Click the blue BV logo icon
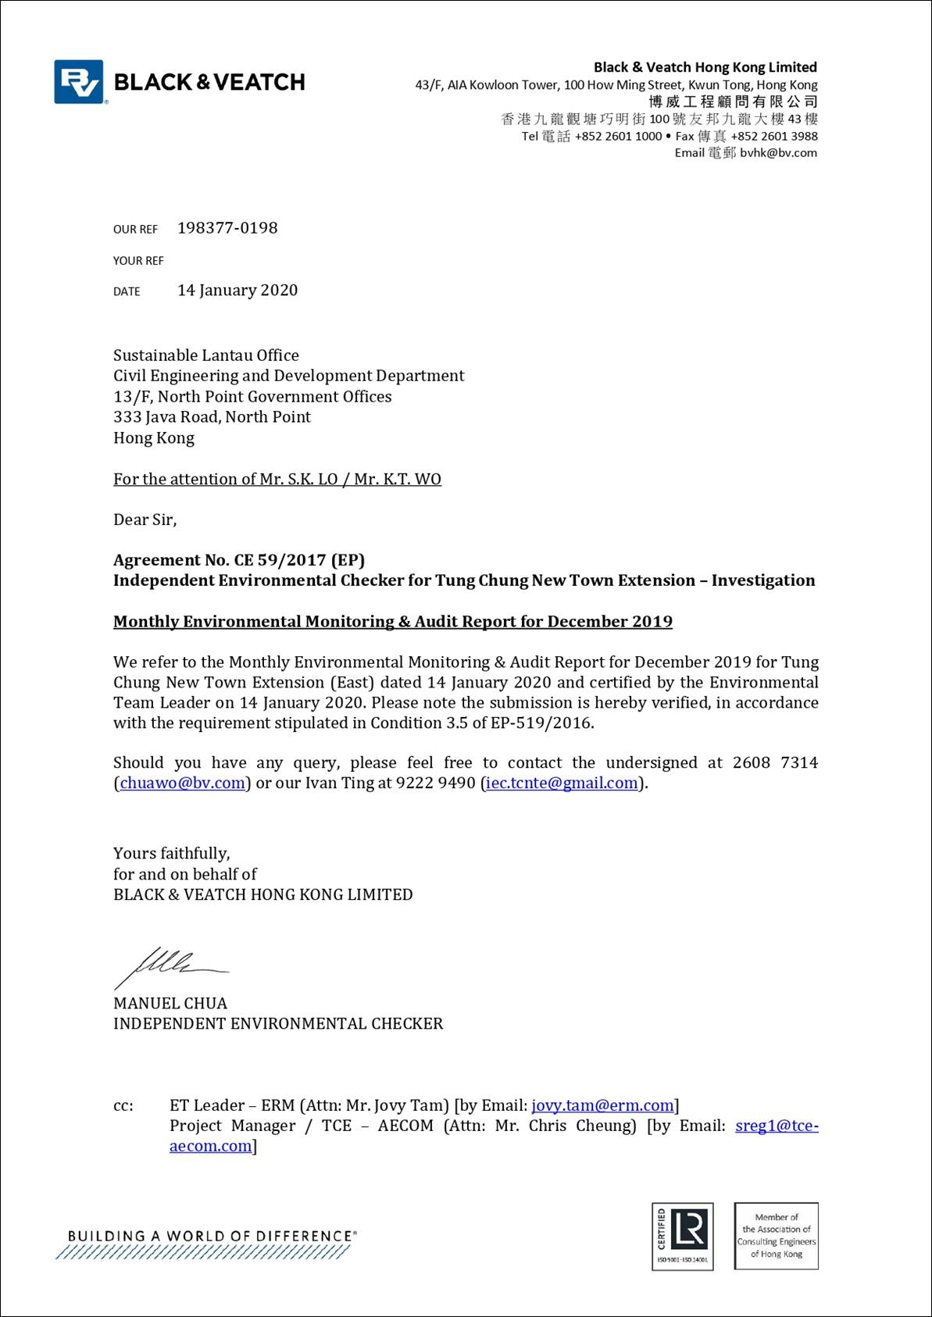(79, 81)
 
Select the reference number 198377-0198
(227, 228)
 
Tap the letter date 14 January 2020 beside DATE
(237, 291)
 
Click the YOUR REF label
(138, 261)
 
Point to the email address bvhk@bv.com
(778, 153)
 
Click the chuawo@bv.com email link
(182, 783)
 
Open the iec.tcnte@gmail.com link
(562, 783)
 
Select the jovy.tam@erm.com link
(602, 1105)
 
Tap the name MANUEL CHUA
(170, 1004)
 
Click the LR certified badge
(683, 1236)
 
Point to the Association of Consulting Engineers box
(777, 1236)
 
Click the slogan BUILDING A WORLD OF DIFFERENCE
(211, 1236)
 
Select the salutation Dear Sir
(145, 519)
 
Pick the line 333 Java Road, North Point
(212, 417)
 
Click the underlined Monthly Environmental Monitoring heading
(392, 622)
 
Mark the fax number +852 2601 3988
(774, 136)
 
